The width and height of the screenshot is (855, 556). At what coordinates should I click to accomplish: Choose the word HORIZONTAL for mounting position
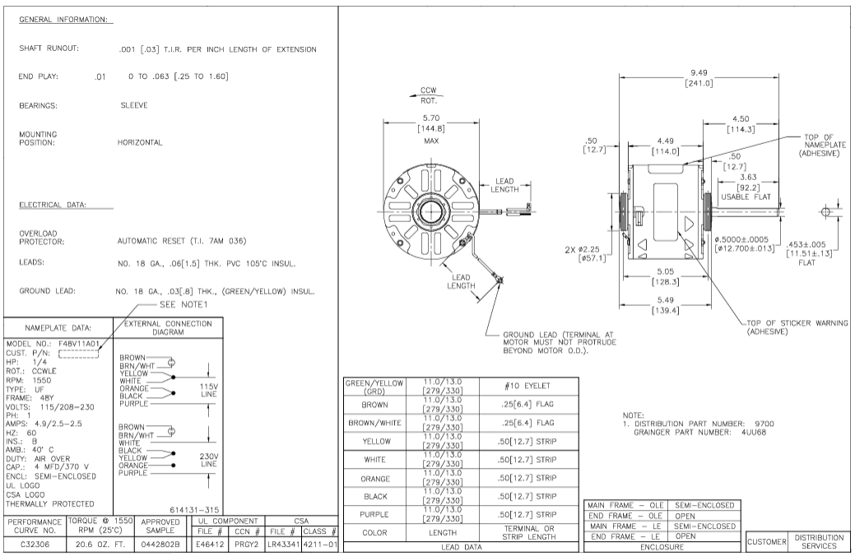click(140, 142)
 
